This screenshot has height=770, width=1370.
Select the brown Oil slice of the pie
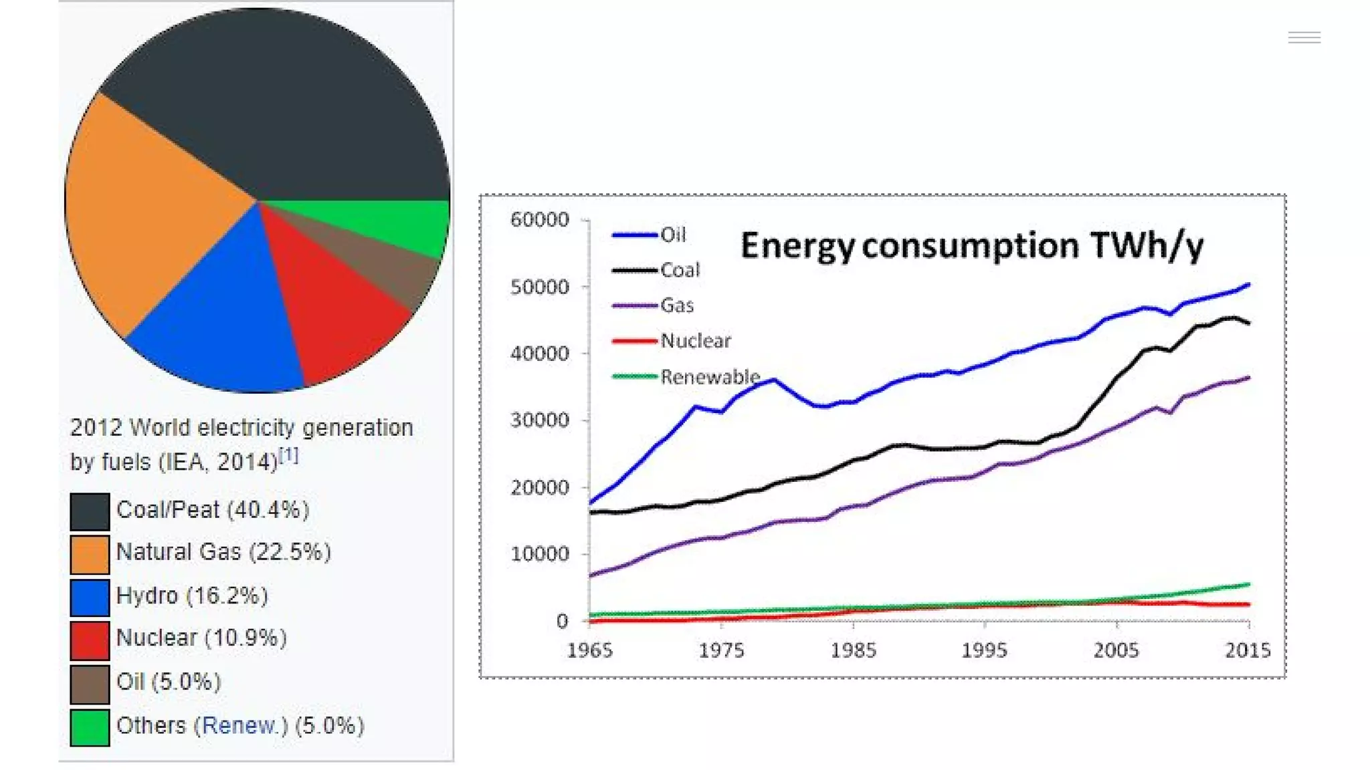(x=388, y=267)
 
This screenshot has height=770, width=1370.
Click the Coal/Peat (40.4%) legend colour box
(x=90, y=511)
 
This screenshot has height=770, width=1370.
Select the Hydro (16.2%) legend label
(x=192, y=596)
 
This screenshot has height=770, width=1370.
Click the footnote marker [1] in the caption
(x=288, y=456)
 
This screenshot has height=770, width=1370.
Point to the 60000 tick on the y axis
(x=539, y=220)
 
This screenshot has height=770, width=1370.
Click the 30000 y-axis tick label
(x=539, y=420)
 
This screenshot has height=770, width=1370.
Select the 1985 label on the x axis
(x=853, y=650)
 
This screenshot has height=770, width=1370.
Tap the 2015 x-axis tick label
(x=1248, y=650)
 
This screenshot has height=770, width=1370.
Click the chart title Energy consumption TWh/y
(x=971, y=245)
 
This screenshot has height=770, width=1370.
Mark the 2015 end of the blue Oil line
(x=1248, y=285)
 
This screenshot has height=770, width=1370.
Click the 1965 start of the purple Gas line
(x=591, y=575)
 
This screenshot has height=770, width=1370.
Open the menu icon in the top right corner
(x=1304, y=37)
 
